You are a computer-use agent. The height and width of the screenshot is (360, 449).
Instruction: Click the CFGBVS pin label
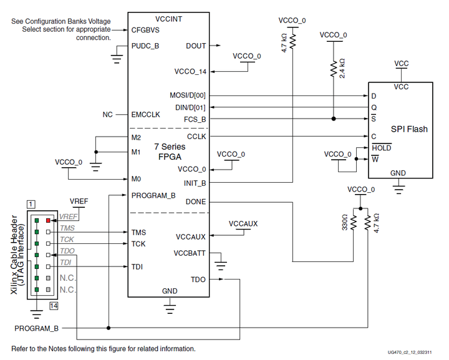(146, 29)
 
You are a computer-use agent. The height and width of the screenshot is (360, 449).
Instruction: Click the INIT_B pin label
(195, 183)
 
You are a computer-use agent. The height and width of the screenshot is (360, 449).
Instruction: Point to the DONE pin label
(195, 202)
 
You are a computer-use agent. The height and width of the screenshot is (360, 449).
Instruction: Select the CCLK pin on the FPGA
(196, 136)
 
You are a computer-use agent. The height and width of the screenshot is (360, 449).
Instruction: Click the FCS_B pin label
(195, 119)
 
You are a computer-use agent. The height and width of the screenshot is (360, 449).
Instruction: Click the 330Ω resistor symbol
(354, 222)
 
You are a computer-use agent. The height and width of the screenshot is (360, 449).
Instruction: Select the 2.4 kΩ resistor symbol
(334, 68)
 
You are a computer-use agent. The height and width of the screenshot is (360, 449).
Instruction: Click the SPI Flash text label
(409, 129)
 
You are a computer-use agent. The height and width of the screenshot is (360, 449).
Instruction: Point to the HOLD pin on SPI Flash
(381, 148)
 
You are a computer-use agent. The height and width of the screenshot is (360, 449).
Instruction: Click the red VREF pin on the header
(48, 221)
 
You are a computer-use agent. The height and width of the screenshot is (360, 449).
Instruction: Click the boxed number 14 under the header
(54, 305)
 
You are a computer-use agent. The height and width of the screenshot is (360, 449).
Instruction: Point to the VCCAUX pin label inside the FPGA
(191, 236)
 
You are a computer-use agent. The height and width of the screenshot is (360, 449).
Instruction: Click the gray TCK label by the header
(67, 240)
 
